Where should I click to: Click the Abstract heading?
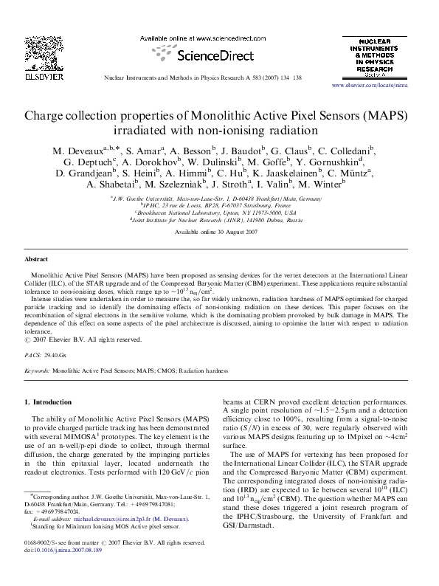(37, 261)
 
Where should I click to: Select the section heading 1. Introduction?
(49, 402)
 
